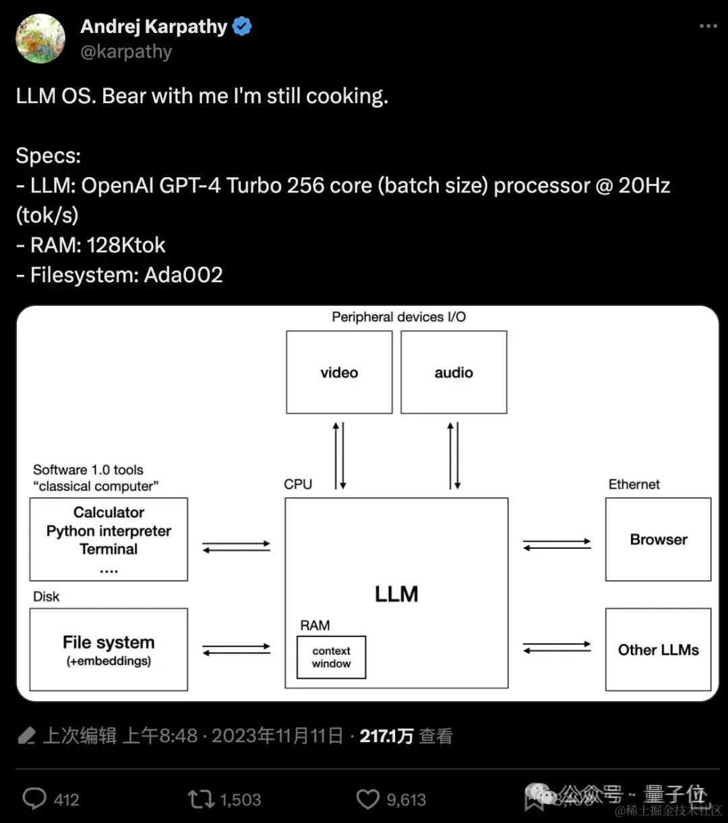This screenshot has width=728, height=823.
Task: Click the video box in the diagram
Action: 339,372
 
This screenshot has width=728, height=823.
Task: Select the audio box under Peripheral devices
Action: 454,372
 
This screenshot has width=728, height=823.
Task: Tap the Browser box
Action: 658,539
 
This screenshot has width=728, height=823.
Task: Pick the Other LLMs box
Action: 658,650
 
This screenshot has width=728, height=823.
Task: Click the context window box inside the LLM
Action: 331,657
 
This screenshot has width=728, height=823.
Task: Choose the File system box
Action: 109,649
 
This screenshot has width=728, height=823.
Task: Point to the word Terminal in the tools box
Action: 109,549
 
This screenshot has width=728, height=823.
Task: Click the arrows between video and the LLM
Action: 340,455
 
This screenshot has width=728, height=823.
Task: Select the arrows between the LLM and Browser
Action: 557,544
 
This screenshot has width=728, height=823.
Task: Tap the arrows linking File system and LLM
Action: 236,649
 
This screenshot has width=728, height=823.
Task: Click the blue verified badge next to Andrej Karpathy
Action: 242,27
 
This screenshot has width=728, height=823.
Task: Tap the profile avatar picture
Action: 40,38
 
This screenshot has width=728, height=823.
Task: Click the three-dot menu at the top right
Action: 708,26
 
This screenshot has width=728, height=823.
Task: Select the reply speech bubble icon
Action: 34,799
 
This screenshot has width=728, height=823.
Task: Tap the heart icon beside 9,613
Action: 367,799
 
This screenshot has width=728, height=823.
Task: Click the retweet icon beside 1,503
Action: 200,799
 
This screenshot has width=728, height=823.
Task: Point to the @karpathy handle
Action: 126,52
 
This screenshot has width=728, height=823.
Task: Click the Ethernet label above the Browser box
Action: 634,484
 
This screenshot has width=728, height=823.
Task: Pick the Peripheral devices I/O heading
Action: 398,317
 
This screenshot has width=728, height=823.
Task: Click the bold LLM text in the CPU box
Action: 396,594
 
